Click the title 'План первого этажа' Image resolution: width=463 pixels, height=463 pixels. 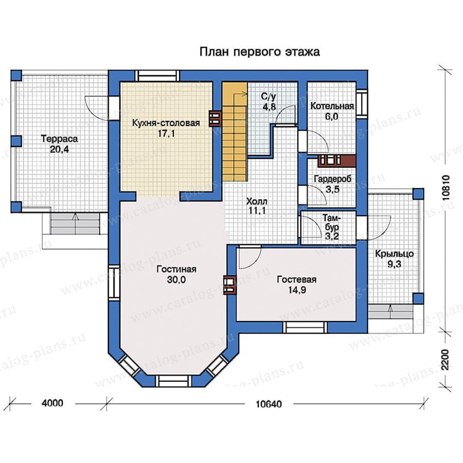click(260, 52)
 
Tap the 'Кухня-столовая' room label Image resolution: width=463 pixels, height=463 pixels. click(166, 123)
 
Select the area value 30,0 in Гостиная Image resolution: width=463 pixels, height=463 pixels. click(176, 279)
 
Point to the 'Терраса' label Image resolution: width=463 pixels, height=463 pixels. click(59, 138)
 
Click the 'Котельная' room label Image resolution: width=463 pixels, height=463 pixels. click(332, 106)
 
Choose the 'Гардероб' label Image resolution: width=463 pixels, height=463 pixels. click(332, 179)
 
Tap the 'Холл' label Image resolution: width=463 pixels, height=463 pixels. click(257, 202)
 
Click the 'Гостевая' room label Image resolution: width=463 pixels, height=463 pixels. click(296, 279)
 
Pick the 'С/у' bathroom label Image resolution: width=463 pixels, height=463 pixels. click(269, 97)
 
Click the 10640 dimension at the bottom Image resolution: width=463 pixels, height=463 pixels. click(269, 404)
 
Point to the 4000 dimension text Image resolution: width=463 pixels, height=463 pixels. click(52, 403)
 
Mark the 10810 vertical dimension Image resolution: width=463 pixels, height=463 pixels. click(446, 188)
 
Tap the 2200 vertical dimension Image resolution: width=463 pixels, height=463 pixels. click(446, 360)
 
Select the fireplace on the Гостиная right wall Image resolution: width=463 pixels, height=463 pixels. click(230, 285)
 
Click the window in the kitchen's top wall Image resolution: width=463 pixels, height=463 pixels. click(157, 76)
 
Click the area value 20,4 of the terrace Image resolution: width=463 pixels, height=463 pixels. click(59, 149)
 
